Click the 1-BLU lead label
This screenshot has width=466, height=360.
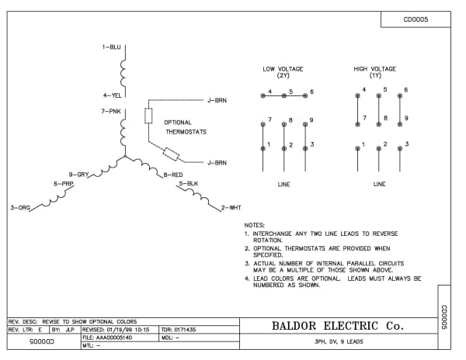[x=111, y=47]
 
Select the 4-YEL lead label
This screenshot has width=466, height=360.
[x=112, y=95]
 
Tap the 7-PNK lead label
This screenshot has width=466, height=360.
[x=111, y=112]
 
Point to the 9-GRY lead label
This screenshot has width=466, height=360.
[x=79, y=174]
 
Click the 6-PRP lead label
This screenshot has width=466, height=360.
[x=64, y=184]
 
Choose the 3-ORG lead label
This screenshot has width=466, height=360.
[x=19, y=208]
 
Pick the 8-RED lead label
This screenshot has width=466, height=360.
[x=172, y=175]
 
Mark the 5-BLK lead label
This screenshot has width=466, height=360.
[x=188, y=184]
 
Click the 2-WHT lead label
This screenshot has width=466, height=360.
[x=232, y=208]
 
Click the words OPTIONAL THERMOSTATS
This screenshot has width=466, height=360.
[x=185, y=127]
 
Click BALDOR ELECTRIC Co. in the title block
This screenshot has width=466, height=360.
[x=338, y=326]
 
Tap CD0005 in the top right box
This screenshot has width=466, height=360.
[x=416, y=20]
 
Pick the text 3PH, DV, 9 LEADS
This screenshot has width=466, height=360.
[x=338, y=342]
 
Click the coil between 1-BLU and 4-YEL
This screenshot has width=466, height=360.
[x=123, y=71]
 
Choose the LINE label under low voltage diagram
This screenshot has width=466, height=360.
[x=283, y=185]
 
